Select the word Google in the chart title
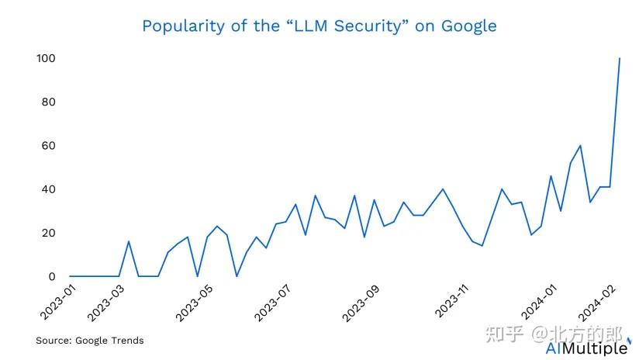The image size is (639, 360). click(469, 26)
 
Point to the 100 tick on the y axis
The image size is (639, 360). click(46, 59)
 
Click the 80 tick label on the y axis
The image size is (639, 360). click(48, 102)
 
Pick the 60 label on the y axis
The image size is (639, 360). click(48, 146)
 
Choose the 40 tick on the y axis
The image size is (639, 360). click(48, 189)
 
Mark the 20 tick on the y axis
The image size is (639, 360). click(48, 233)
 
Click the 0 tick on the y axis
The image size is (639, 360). click(52, 276)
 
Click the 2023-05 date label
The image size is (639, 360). click(194, 303)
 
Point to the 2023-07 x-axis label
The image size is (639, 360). click(272, 303)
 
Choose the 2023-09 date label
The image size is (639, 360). click(361, 303)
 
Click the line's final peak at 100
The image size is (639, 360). click(620, 59)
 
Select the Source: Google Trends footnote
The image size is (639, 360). click(90, 341)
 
